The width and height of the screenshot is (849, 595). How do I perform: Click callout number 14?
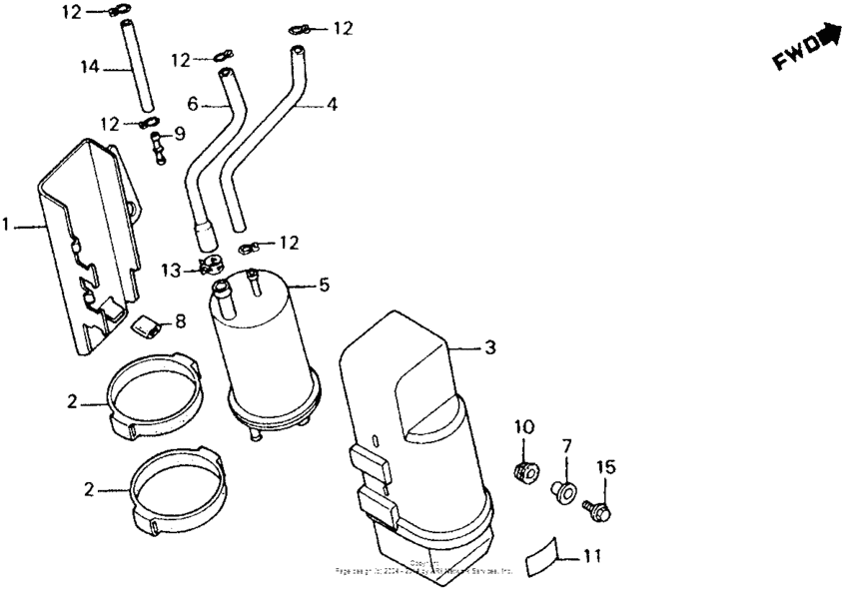(90, 67)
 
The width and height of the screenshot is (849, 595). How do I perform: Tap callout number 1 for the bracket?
(6, 227)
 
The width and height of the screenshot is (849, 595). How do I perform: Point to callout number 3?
(490, 347)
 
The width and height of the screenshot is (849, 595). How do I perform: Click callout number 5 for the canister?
(323, 285)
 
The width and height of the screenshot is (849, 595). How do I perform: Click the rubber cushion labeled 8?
(149, 322)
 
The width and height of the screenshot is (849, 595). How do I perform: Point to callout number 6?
(194, 102)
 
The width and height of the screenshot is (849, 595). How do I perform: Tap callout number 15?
(606, 466)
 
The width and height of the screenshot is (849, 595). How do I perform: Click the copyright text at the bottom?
(424, 569)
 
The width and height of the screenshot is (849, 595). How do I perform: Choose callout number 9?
(180, 133)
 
